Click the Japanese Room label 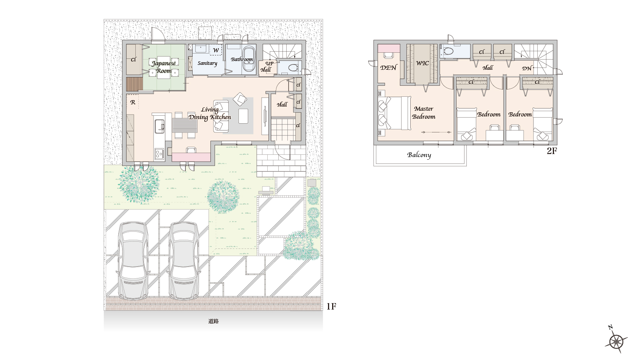pyautogui.click(x=163, y=67)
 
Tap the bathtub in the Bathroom pyautogui.click(x=248, y=59)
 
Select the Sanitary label pyautogui.click(x=207, y=63)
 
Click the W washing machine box pyautogui.click(x=216, y=50)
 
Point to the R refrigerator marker pyautogui.click(x=133, y=102)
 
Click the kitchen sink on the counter pyautogui.click(x=159, y=126)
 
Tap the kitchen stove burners pyautogui.click(x=159, y=154)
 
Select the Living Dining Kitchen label pyautogui.click(x=210, y=113)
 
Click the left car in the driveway pyautogui.click(x=133, y=260)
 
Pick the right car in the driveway pyautogui.click(x=184, y=260)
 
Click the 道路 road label pyautogui.click(x=213, y=321)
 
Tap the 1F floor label pyautogui.click(x=331, y=306)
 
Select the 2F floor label pyautogui.click(x=552, y=151)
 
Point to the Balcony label pyautogui.click(x=419, y=155)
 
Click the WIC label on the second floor pyautogui.click(x=422, y=63)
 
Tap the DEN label pyautogui.click(x=388, y=68)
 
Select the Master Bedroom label pyautogui.click(x=424, y=113)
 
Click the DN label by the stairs pyautogui.click(x=527, y=68)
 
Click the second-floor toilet pyautogui.click(x=448, y=52)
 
